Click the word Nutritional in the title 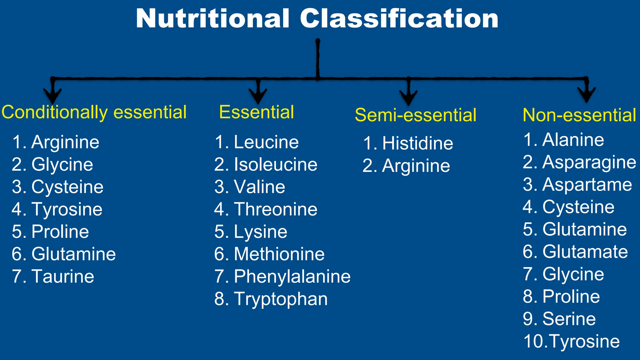point(212,19)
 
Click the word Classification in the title point(399,19)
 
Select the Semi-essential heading point(416,115)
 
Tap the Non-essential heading point(579,115)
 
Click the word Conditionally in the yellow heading point(55,112)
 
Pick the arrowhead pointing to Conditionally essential point(52,95)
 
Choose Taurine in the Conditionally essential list point(62,277)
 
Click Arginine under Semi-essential point(416,166)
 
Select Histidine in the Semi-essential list point(417,143)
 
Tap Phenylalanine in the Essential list point(292,277)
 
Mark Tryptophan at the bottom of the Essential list point(281,299)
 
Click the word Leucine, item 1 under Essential point(266,142)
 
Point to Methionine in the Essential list point(279,254)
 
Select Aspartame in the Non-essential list point(587,185)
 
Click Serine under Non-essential point(569,319)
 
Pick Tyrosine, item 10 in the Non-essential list point(584,341)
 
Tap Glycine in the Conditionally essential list point(62,165)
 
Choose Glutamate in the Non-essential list point(585,252)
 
